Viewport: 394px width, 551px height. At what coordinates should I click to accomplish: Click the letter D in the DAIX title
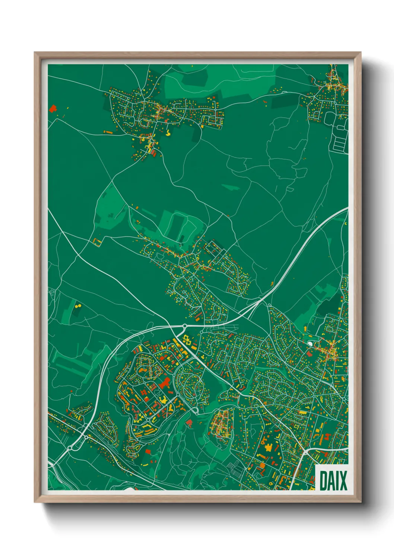(323, 481)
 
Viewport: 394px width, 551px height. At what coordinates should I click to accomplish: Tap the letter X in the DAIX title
(342, 481)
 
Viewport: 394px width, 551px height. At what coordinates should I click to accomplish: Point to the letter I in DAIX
(336, 481)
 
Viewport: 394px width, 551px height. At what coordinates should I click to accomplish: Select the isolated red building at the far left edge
(53, 109)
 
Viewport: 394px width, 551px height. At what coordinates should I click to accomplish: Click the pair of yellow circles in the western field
(78, 306)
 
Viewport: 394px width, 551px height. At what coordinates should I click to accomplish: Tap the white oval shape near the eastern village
(310, 343)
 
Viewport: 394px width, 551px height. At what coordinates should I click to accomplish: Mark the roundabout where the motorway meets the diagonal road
(185, 326)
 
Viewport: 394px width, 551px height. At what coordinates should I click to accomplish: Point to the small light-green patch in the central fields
(231, 187)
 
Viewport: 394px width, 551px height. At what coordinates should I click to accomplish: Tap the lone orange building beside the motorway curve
(272, 284)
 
